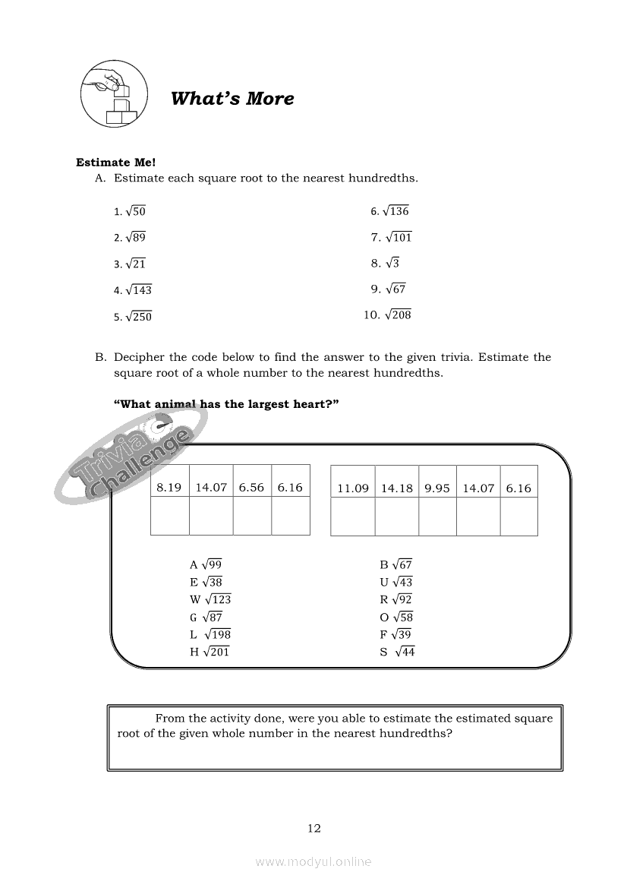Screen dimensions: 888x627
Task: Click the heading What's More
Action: (x=232, y=99)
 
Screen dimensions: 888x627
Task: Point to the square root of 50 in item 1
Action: (x=135, y=211)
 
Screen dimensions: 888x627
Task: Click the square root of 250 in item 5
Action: (x=138, y=317)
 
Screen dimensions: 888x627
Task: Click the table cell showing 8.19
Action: (x=169, y=488)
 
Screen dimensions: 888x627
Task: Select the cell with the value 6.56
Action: (x=251, y=488)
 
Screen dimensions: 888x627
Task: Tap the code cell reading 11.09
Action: (x=353, y=488)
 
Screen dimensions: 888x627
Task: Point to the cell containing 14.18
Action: (x=397, y=488)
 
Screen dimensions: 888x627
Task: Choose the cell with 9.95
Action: (x=437, y=488)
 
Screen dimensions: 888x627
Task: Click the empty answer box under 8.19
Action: (x=169, y=517)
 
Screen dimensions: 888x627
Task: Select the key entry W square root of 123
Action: (x=210, y=599)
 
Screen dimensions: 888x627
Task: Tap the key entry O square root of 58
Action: (x=397, y=617)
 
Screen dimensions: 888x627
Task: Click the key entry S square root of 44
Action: (x=398, y=652)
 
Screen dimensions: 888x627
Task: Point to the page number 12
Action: (x=314, y=828)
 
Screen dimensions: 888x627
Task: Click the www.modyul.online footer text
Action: (x=313, y=861)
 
